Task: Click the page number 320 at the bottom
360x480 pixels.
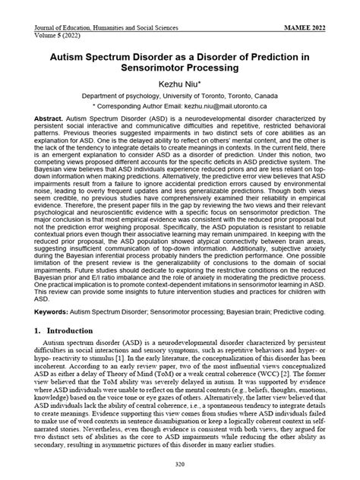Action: click(180, 464)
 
